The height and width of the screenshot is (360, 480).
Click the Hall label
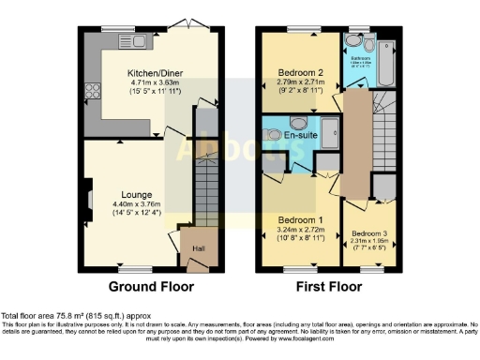[x=197, y=247]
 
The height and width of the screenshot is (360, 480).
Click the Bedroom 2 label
[x=300, y=72]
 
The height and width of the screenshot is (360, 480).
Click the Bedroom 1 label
[x=301, y=217]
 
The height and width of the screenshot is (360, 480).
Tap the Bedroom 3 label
[x=369, y=233]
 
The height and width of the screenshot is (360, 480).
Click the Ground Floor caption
[x=152, y=286]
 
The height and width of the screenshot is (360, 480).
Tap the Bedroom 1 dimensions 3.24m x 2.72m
[x=301, y=229]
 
